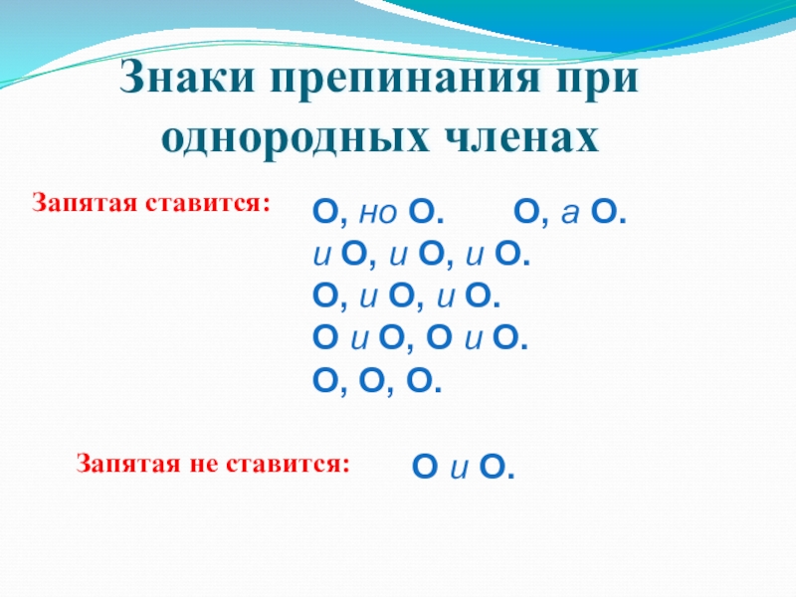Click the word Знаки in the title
[187, 78]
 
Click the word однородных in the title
[295, 138]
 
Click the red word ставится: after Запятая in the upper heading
[208, 203]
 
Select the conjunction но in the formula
[377, 214]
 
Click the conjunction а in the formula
[569, 214]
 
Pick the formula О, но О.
[378, 212]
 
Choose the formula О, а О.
[570, 212]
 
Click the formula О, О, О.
[377, 381]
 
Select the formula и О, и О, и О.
[422, 254]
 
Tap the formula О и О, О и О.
[420, 338]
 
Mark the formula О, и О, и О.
[407, 296]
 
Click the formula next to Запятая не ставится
[464, 467]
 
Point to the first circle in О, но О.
[325, 211]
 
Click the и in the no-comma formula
[459, 469]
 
